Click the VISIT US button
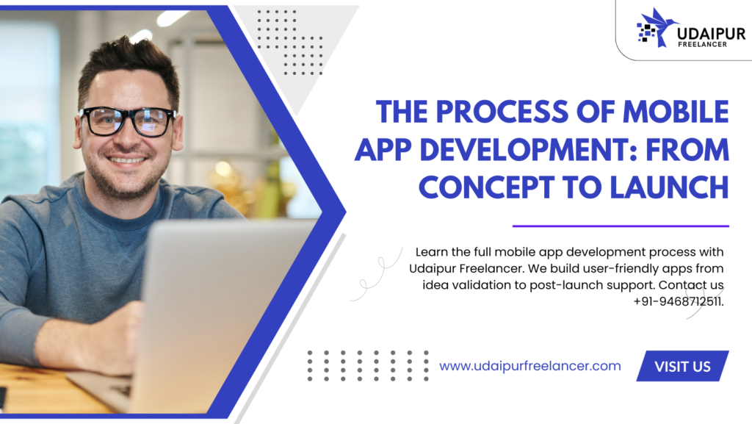(682, 366)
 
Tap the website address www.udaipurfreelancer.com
(530, 366)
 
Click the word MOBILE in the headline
(676, 112)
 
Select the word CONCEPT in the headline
(486, 187)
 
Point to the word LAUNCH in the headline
(670, 187)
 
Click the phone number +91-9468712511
(678, 302)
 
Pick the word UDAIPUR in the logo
(711, 34)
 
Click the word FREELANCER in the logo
(702, 45)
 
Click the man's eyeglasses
(128, 121)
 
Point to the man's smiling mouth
(126, 159)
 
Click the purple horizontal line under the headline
(621, 226)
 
